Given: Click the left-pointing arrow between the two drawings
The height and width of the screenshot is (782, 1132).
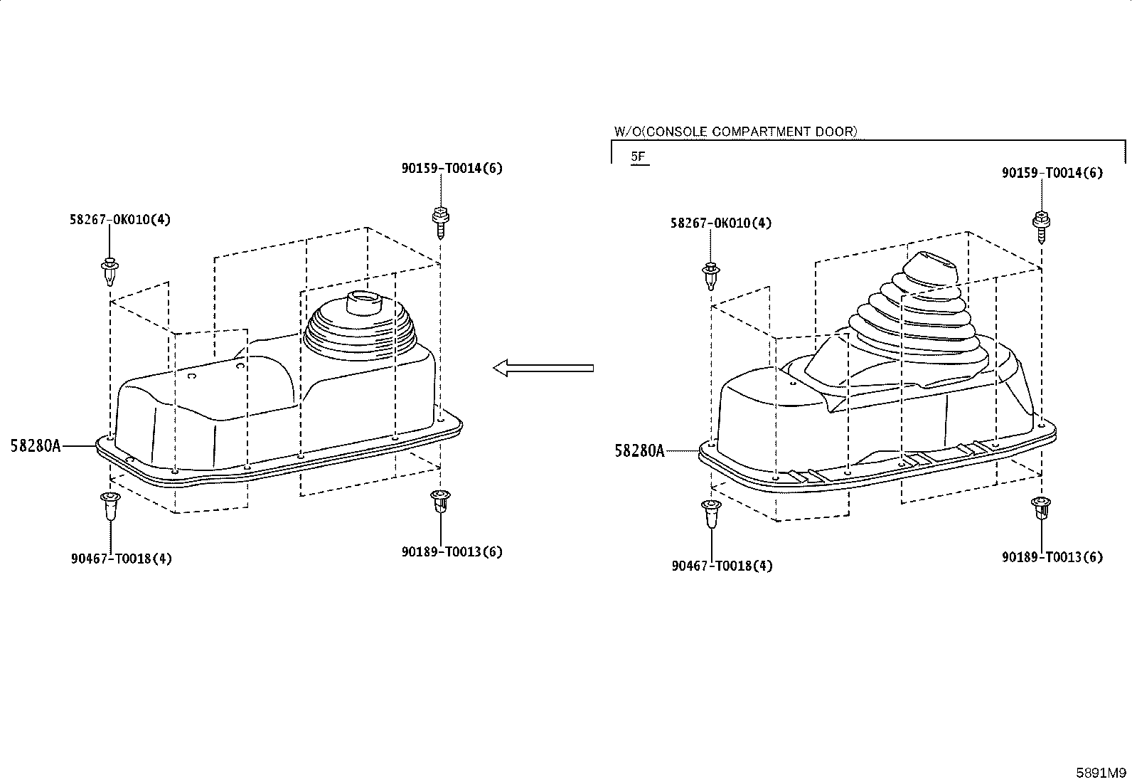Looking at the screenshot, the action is coord(543,368).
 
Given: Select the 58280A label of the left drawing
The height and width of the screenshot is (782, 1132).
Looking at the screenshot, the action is coord(36,445).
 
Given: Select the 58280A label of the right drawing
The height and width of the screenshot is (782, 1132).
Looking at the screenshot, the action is coord(640,450).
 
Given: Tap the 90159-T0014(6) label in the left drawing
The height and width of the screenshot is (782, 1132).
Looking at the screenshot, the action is coord(452,168).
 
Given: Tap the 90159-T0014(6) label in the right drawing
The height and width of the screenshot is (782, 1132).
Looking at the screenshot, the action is coord(1052,172).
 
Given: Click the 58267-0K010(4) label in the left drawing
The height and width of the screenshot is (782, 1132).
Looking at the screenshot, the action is coord(120,220).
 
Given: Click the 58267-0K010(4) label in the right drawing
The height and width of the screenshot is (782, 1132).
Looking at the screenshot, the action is coord(721,223).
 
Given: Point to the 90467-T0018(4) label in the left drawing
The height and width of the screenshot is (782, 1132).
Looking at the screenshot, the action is coord(122,559).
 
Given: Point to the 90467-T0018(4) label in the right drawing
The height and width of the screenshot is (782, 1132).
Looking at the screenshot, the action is coord(722,566).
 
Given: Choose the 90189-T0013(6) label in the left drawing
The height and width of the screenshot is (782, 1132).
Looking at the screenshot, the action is coord(452,551).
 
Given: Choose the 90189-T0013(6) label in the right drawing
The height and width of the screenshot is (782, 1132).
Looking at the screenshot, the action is coord(1052,557).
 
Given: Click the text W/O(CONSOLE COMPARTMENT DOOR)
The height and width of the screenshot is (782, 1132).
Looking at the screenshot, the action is coord(736,132).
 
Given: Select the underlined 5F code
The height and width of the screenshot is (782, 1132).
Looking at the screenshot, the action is coord(639,157).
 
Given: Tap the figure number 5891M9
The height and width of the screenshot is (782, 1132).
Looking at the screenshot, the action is coord(1101,773).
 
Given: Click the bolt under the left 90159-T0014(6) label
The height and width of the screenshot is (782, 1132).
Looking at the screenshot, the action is coord(441,222).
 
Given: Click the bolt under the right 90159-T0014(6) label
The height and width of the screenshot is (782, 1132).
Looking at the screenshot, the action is coord(1041,226).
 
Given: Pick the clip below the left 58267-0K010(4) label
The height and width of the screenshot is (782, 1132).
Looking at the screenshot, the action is coord(110,271).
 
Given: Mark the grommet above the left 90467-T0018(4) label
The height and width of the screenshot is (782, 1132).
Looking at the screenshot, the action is coord(110,505).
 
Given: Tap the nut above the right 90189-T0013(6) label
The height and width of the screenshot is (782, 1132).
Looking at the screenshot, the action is coord(1041,508).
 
